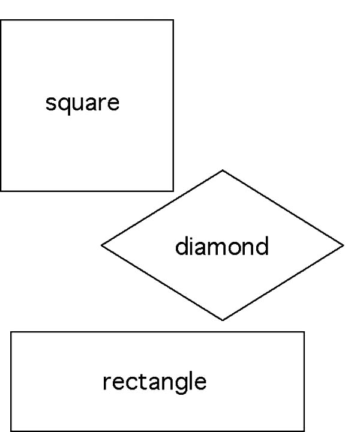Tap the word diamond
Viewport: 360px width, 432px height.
(222, 246)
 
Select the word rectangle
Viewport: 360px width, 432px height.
(155, 382)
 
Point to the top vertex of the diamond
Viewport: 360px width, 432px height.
(223, 170)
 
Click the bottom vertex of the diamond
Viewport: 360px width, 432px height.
(223, 320)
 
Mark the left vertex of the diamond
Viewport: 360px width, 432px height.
(101, 245)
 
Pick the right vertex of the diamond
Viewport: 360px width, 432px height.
(343, 245)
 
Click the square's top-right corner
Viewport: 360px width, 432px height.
(173, 20)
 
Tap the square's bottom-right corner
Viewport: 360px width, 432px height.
(173, 191)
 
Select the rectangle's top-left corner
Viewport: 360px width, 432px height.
(11, 332)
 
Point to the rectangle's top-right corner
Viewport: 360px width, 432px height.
(304, 332)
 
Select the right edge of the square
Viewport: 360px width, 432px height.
(173, 105)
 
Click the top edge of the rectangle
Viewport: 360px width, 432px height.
(158, 332)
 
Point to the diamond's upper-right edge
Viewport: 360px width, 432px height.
(283, 208)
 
